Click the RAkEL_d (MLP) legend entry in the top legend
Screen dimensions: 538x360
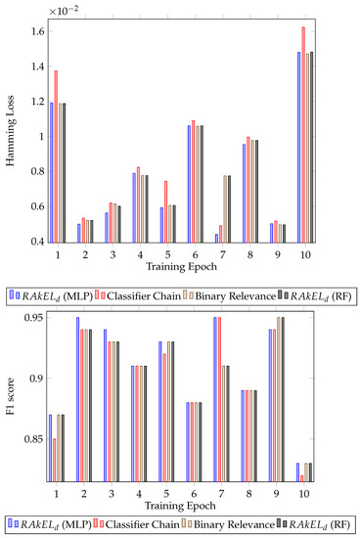tap(50, 292)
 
